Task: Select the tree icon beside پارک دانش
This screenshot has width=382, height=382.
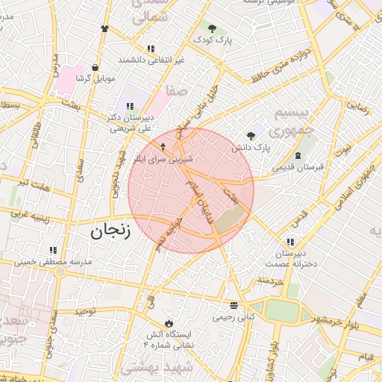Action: (251, 136)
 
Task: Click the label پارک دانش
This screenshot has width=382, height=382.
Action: (249, 148)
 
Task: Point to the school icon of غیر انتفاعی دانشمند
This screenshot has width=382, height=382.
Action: (151, 48)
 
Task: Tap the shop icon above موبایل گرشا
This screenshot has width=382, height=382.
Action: (95, 66)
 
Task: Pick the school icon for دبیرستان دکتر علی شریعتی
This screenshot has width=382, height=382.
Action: (130, 107)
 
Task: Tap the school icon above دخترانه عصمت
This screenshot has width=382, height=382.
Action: (289, 241)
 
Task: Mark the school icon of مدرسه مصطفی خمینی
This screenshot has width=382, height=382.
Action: (52, 251)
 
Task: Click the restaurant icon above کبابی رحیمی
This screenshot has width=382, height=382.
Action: (234, 305)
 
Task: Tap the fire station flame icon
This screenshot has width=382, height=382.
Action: (169, 323)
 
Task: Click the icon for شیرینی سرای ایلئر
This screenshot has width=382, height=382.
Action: (164, 146)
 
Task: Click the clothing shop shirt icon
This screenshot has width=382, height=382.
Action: (104, 29)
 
